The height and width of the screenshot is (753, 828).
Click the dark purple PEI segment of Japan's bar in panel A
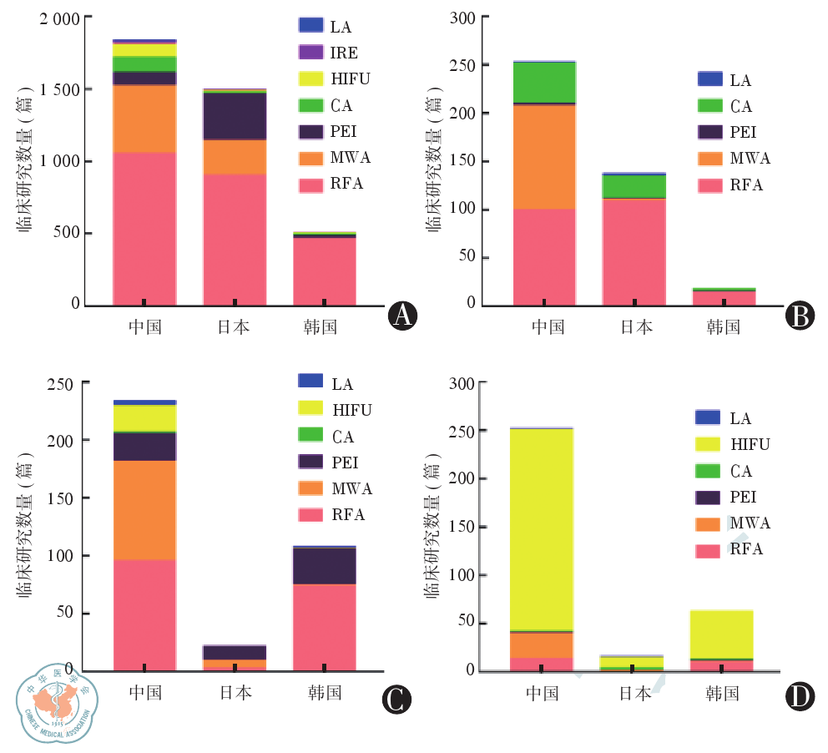234,116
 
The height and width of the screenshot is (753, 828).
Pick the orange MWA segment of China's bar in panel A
144,118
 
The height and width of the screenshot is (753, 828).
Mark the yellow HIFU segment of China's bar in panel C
144,417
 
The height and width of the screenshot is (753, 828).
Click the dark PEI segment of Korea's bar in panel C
324,565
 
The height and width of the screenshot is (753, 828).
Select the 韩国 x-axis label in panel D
722,693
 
